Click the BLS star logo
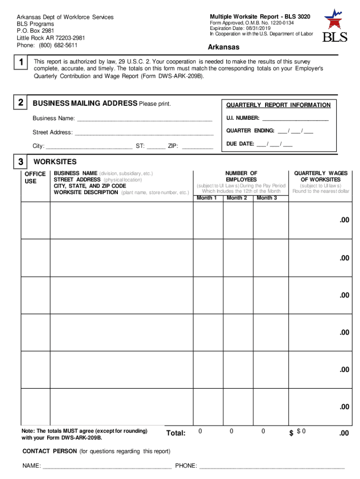(334, 19)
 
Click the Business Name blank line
(144, 119)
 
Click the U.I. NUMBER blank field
(295, 119)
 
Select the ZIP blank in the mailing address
(197, 146)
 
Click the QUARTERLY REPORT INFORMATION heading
(278, 105)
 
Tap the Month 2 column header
(237, 198)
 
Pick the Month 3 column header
(267, 198)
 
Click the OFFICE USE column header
(35, 177)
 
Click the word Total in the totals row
(176, 434)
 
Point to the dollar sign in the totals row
(291, 434)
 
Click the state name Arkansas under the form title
(223, 47)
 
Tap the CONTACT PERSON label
(50, 451)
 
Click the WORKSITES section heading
(55, 162)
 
